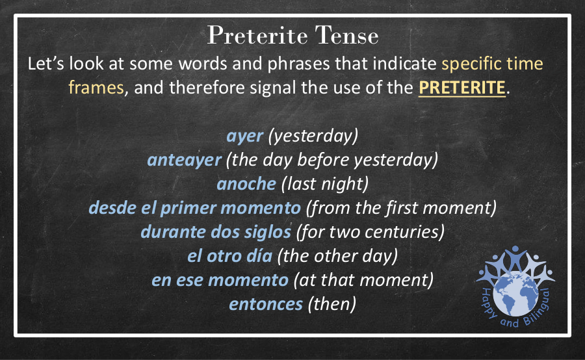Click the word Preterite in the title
point(257,36)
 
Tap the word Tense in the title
point(347,36)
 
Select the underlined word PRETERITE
point(462,88)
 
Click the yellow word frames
point(96,88)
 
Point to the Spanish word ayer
point(245,136)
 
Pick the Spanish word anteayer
point(185,161)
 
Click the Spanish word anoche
point(246,184)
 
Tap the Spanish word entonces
point(266,304)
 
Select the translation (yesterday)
point(313,136)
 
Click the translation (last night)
point(325,184)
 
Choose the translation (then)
point(332,304)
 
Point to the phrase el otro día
point(230,256)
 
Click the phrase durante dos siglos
point(216,232)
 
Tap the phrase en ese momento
point(220,280)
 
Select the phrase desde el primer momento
point(194,208)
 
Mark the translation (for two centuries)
point(370,232)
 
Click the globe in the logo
point(516,294)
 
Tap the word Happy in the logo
point(488,303)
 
